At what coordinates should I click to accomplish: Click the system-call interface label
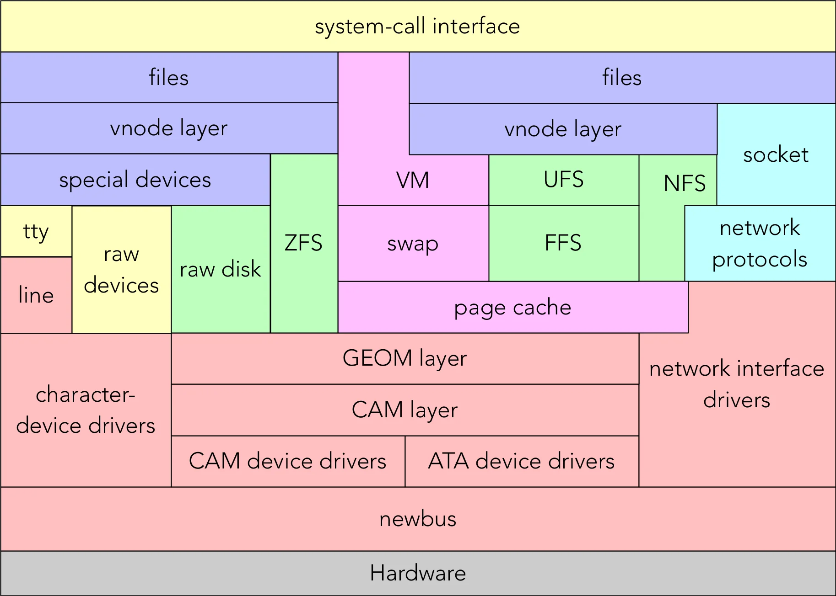pyautogui.click(x=417, y=27)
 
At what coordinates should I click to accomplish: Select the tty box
pyautogui.click(x=36, y=231)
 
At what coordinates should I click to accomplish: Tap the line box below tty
pyautogui.click(x=36, y=295)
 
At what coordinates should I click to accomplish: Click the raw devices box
pyautogui.click(x=121, y=270)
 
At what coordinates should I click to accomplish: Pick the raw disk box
pyautogui.click(x=220, y=269)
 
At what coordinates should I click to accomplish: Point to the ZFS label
pyautogui.click(x=303, y=243)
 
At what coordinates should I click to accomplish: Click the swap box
pyautogui.click(x=413, y=244)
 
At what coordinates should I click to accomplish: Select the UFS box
pyautogui.click(x=563, y=180)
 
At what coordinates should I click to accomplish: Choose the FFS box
pyautogui.click(x=563, y=243)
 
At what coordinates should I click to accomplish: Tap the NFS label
pyautogui.click(x=685, y=183)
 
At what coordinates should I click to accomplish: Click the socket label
pyautogui.click(x=776, y=155)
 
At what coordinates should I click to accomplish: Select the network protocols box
pyautogui.click(x=760, y=243)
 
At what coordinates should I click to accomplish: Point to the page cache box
pyautogui.click(x=512, y=307)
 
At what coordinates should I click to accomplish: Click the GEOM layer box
pyautogui.click(x=405, y=358)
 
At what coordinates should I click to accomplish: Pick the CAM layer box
pyautogui.click(x=405, y=410)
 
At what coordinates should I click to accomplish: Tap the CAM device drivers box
pyautogui.click(x=287, y=461)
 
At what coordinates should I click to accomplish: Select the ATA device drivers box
pyautogui.click(x=521, y=461)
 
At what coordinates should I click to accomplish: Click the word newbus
pyautogui.click(x=418, y=519)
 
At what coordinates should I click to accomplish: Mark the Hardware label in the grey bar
pyautogui.click(x=418, y=573)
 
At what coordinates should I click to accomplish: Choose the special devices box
pyautogui.click(x=135, y=180)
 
